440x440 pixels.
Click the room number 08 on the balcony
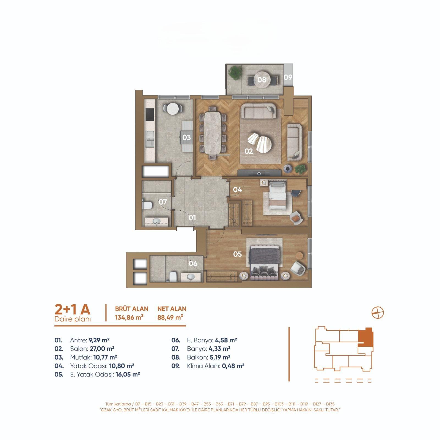(262, 80)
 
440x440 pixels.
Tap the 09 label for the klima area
(288, 77)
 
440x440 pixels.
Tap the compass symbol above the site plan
(378, 313)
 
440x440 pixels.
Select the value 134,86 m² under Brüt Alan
(129, 317)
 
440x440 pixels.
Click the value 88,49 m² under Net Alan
(170, 317)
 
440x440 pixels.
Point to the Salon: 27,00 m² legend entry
(92, 349)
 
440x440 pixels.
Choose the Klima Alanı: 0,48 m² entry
(215, 366)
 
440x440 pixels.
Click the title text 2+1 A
(73, 310)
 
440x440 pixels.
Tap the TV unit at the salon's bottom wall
(259, 173)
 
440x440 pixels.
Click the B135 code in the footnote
(330, 404)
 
